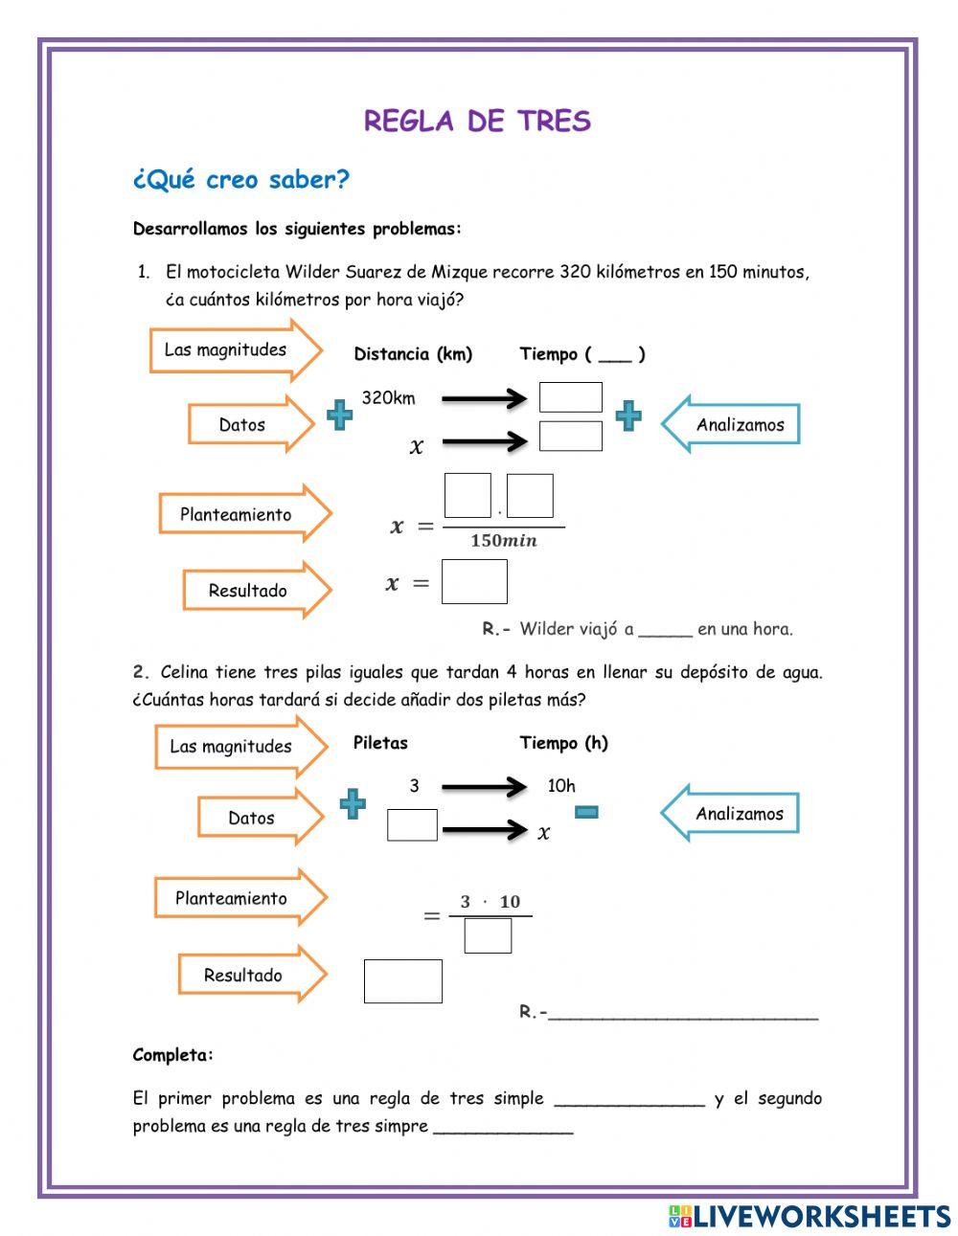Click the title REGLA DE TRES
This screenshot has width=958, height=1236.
(x=477, y=122)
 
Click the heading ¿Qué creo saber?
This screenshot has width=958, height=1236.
(x=240, y=180)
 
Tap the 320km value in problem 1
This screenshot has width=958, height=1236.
(x=388, y=398)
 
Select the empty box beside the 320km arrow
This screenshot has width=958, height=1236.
(x=570, y=397)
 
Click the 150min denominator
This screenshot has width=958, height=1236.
(x=504, y=541)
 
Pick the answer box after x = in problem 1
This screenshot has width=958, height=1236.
(x=474, y=582)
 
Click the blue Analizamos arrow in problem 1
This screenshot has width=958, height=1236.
(x=732, y=424)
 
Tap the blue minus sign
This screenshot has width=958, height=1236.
(x=586, y=812)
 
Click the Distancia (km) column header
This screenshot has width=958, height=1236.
(x=413, y=354)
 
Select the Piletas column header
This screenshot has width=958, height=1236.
(x=380, y=743)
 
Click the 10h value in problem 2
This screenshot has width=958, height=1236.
(x=561, y=786)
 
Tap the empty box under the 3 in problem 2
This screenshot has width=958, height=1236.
(x=412, y=824)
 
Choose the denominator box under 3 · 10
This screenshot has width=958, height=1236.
(x=488, y=935)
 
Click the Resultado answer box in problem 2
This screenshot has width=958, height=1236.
(x=403, y=981)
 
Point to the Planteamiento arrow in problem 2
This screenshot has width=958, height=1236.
(x=239, y=898)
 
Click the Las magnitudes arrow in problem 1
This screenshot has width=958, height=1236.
(x=234, y=349)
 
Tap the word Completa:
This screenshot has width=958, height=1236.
(x=173, y=1055)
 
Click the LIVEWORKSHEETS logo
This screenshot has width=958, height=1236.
(x=810, y=1216)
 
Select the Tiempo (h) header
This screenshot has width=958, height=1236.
(x=563, y=743)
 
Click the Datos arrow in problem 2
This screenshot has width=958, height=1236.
(x=260, y=818)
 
